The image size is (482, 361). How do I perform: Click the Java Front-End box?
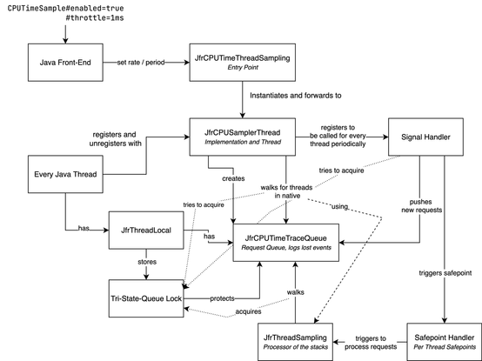pos(65,63)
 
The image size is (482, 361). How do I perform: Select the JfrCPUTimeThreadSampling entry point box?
pos(243,63)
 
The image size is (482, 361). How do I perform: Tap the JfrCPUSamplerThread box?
pos(243,137)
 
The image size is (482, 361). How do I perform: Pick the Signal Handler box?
pos(425,137)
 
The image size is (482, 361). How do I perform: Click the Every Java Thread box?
pos(65,174)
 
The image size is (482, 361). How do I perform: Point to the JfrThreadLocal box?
pos(146,231)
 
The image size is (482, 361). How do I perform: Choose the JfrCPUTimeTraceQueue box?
pos(286,243)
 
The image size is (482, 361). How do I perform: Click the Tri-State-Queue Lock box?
pos(146,298)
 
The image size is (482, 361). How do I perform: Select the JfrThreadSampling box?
pos(296,342)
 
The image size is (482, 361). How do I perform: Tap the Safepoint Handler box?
pos(445,342)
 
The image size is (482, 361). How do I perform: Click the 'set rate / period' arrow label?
pos(141,63)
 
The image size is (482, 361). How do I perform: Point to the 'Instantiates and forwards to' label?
pos(296,96)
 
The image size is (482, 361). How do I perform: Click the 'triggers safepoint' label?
pos(445,273)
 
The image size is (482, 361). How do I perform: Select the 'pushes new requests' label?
pos(421,206)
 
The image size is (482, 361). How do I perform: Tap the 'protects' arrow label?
pos(222,298)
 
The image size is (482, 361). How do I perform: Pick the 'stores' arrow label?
pos(147,262)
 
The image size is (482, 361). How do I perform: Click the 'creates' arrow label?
pos(233,178)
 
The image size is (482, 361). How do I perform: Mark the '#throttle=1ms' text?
pos(95,17)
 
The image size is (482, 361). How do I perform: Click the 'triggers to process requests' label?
pos(371,343)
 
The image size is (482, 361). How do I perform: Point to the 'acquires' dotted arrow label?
pos(248,311)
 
